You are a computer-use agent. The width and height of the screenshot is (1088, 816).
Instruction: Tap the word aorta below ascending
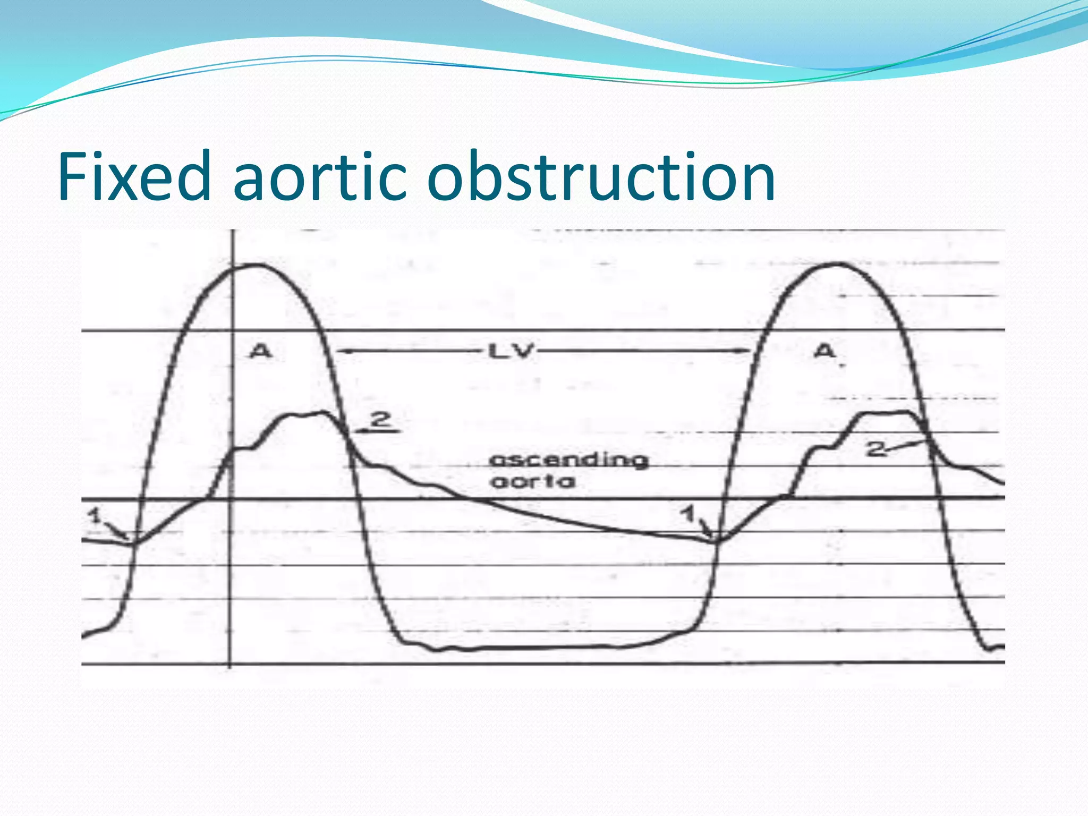[x=533, y=482]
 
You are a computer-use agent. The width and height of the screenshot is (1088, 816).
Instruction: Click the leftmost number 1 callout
[x=95, y=514]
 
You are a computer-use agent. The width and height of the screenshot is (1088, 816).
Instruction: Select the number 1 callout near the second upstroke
[x=688, y=513]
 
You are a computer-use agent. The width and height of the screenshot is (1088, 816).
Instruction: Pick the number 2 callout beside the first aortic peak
[x=380, y=420]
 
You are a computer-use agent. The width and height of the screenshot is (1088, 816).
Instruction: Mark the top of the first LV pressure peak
[x=256, y=265]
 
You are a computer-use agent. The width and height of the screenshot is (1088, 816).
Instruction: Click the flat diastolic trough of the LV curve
[x=531, y=648]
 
